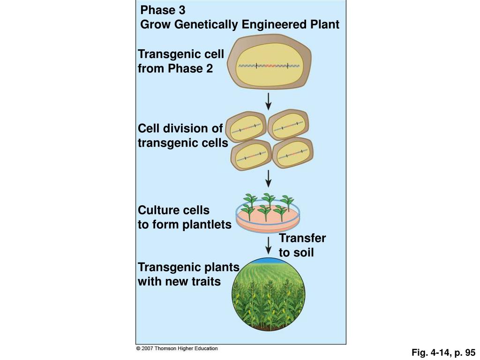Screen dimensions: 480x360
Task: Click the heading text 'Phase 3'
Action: coord(163,10)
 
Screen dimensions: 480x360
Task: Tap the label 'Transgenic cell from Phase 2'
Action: coord(181,61)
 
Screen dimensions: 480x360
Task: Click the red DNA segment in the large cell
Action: coord(272,66)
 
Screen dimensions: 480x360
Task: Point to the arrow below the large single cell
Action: coord(268,101)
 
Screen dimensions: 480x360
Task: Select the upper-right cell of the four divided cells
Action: coord(288,124)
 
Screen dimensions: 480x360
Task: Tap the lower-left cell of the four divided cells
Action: coord(251,155)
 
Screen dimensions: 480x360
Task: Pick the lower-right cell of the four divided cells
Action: coord(292,152)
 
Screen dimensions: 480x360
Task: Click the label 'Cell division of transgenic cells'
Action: coord(183,135)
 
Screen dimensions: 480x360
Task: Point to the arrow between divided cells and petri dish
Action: coord(268,179)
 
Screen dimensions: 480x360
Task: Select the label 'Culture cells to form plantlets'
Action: coord(185,217)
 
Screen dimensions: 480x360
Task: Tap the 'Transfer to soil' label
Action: coord(302,245)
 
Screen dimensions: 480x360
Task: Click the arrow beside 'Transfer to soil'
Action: coord(268,246)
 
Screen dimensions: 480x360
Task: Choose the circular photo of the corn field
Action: coord(269,294)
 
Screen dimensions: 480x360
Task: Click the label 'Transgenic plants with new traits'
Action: coord(188,274)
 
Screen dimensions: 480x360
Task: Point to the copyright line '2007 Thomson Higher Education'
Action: coord(177,348)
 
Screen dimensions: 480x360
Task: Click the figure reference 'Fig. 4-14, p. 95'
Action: coord(443,352)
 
